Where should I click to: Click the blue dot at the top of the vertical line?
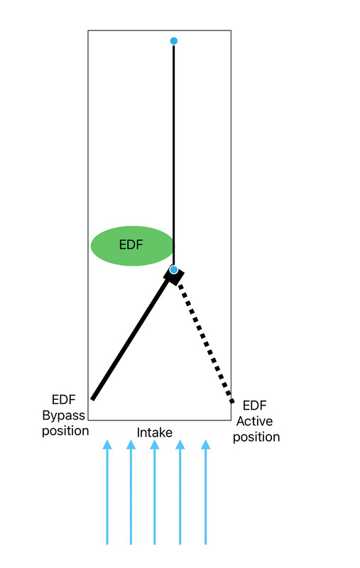(174, 41)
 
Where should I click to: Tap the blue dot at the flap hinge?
(174, 270)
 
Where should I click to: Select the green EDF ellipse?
(133, 246)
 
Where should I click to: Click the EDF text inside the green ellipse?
(131, 245)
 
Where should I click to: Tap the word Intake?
(155, 432)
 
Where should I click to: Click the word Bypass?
(64, 415)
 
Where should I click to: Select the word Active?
(255, 421)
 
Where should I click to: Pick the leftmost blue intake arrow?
(107, 492)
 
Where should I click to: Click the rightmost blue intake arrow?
(206, 492)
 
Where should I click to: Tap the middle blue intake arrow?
(155, 492)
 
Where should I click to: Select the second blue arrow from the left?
(131, 492)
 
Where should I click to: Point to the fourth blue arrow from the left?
(180, 492)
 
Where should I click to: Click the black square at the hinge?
(174, 275)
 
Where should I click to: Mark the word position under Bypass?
(65, 431)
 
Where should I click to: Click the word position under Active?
(256, 437)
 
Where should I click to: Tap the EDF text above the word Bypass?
(64, 400)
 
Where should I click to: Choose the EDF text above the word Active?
(255, 405)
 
